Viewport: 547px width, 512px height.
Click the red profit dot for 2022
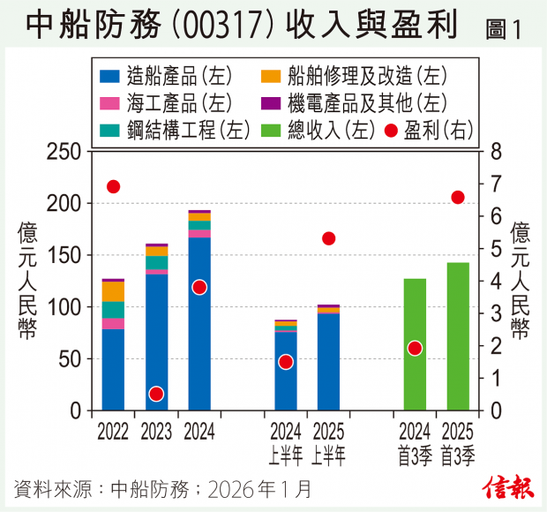(x=113, y=186)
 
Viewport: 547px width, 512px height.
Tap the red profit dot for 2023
(x=156, y=394)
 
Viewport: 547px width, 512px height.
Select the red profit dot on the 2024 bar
(x=199, y=287)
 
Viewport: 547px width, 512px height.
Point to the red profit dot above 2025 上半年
(x=329, y=238)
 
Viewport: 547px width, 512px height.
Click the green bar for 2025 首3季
(x=458, y=335)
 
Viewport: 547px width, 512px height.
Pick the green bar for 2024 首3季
(x=415, y=344)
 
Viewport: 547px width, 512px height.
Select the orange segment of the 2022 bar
(x=113, y=291)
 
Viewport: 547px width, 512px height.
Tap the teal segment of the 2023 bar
(x=156, y=262)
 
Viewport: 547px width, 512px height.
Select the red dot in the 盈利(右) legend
(x=391, y=131)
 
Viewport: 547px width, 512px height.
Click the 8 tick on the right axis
(x=496, y=152)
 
